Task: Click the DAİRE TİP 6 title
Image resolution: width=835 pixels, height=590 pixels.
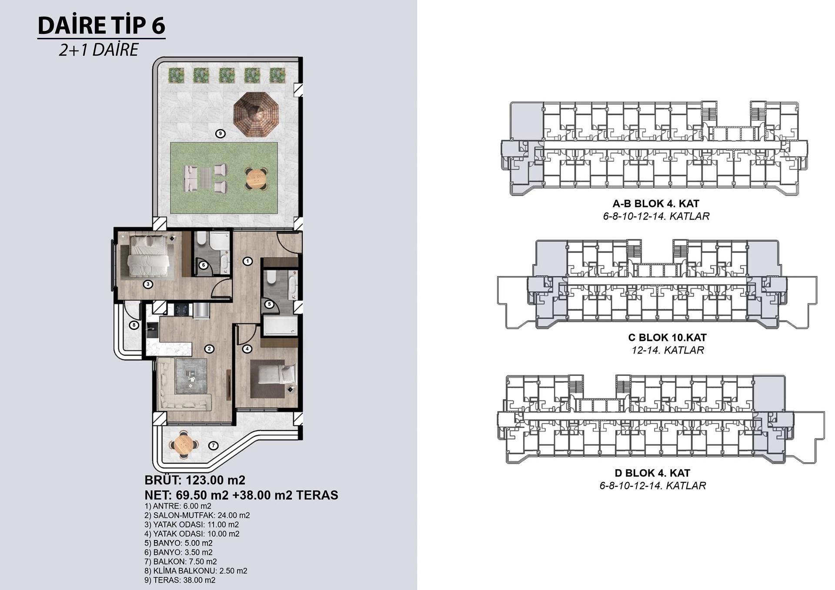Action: pos(101,25)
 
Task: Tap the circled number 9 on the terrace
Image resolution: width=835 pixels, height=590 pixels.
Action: pos(220,133)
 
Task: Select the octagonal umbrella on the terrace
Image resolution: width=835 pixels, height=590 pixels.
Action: pos(256,114)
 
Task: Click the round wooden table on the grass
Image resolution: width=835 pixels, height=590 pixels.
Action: pos(256,178)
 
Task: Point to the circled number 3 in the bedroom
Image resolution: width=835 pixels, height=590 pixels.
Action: pos(148,284)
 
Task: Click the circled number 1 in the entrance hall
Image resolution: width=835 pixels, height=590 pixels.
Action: pos(247,261)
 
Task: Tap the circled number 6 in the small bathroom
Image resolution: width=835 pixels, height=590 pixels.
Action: pos(203,265)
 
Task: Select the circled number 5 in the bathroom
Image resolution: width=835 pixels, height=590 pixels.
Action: pos(269,304)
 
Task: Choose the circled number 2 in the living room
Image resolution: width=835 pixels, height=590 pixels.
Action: pos(209,349)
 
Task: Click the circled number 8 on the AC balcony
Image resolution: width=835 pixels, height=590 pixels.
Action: pos(134,325)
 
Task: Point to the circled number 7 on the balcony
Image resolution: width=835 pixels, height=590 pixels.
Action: pos(213,445)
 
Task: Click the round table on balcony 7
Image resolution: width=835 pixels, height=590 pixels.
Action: pos(184,444)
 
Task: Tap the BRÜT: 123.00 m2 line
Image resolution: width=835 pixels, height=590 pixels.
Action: pos(195,480)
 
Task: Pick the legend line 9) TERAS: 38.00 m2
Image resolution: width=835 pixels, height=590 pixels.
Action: pos(180,580)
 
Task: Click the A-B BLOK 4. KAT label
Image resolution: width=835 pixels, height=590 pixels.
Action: pos(656,203)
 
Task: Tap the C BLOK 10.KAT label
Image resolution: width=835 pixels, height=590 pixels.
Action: pos(667,337)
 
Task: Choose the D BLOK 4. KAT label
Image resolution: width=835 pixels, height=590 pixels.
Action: pos(652,473)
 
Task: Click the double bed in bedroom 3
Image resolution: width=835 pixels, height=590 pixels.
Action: pos(148,255)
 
